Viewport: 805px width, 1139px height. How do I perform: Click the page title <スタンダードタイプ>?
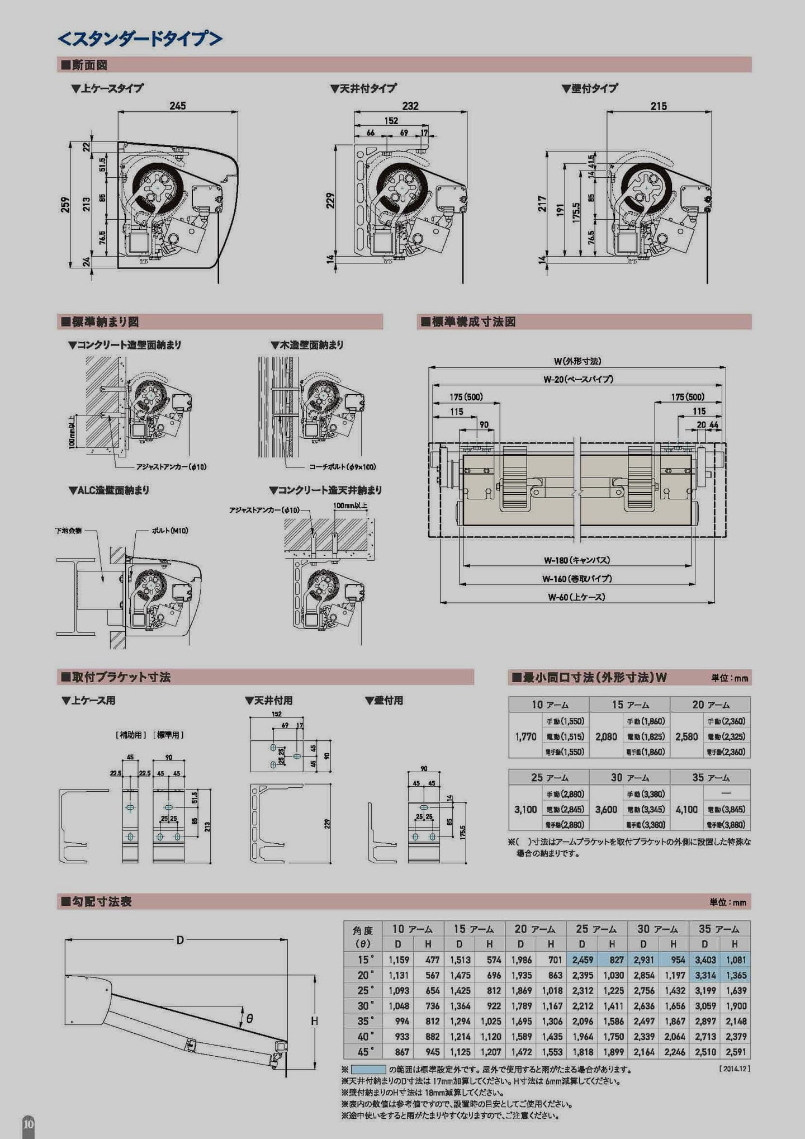[x=140, y=39]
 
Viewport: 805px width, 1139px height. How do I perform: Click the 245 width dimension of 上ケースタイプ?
[x=178, y=106]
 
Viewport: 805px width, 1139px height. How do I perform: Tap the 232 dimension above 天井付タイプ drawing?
[x=410, y=106]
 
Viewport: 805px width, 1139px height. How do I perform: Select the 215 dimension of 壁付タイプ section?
[x=659, y=106]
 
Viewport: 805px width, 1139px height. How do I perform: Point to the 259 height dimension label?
[x=66, y=205]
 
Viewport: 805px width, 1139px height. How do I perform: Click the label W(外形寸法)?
[x=577, y=361]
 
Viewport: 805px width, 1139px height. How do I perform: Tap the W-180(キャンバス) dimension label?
[x=577, y=560]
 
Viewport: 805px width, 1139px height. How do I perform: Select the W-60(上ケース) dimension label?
[x=577, y=597]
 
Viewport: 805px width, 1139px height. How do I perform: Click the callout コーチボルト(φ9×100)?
[x=343, y=466]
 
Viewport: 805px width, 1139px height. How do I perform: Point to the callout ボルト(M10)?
[x=170, y=530]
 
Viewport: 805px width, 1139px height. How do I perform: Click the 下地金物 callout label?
[x=68, y=530]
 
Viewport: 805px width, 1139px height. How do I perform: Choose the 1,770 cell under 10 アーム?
[x=525, y=736]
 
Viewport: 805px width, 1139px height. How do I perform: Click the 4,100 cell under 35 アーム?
[x=686, y=809]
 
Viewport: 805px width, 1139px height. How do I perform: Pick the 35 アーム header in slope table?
[x=719, y=929]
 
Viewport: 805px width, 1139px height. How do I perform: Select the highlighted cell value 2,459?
[x=582, y=960]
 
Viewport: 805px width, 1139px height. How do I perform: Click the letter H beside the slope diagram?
[x=314, y=1021]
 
